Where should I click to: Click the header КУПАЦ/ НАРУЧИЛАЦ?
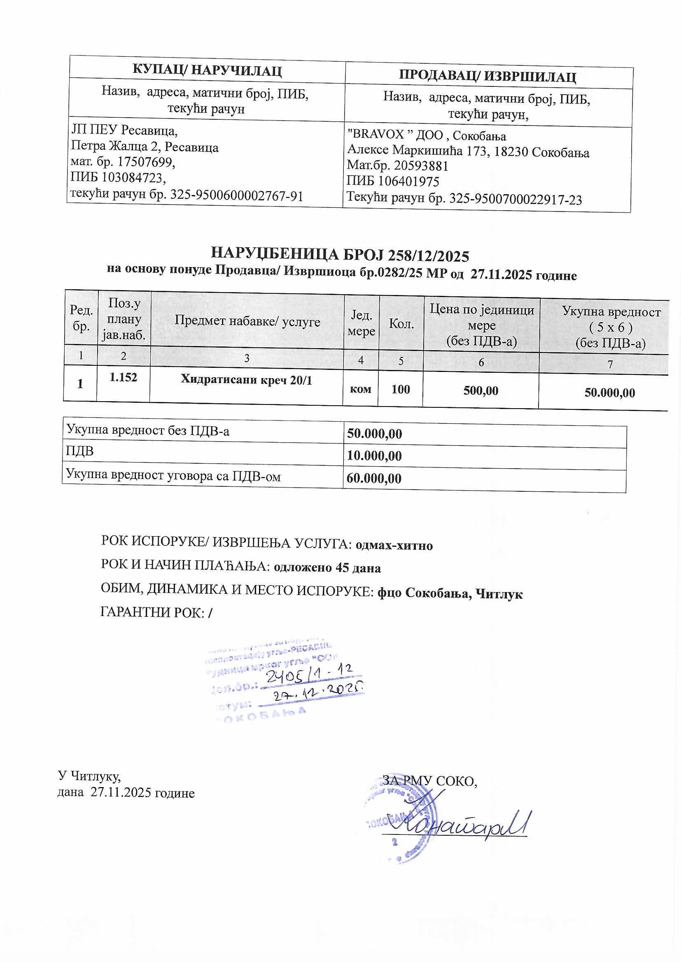[207, 70]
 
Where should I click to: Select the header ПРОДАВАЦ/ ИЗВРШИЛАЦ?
[487, 76]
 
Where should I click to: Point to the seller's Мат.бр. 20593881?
[421, 166]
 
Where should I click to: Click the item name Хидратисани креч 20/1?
[246, 380]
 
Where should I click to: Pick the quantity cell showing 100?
[401, 389]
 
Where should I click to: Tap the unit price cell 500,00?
[480, 391]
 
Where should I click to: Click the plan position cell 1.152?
[123, 377]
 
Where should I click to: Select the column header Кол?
[401, 323]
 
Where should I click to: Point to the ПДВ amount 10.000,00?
[374, 456]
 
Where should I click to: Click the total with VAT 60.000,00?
[373, 478]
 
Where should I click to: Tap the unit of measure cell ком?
[361, 389]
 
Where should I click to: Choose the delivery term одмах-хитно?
[394, 545]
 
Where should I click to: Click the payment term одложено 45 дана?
[327, 568]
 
